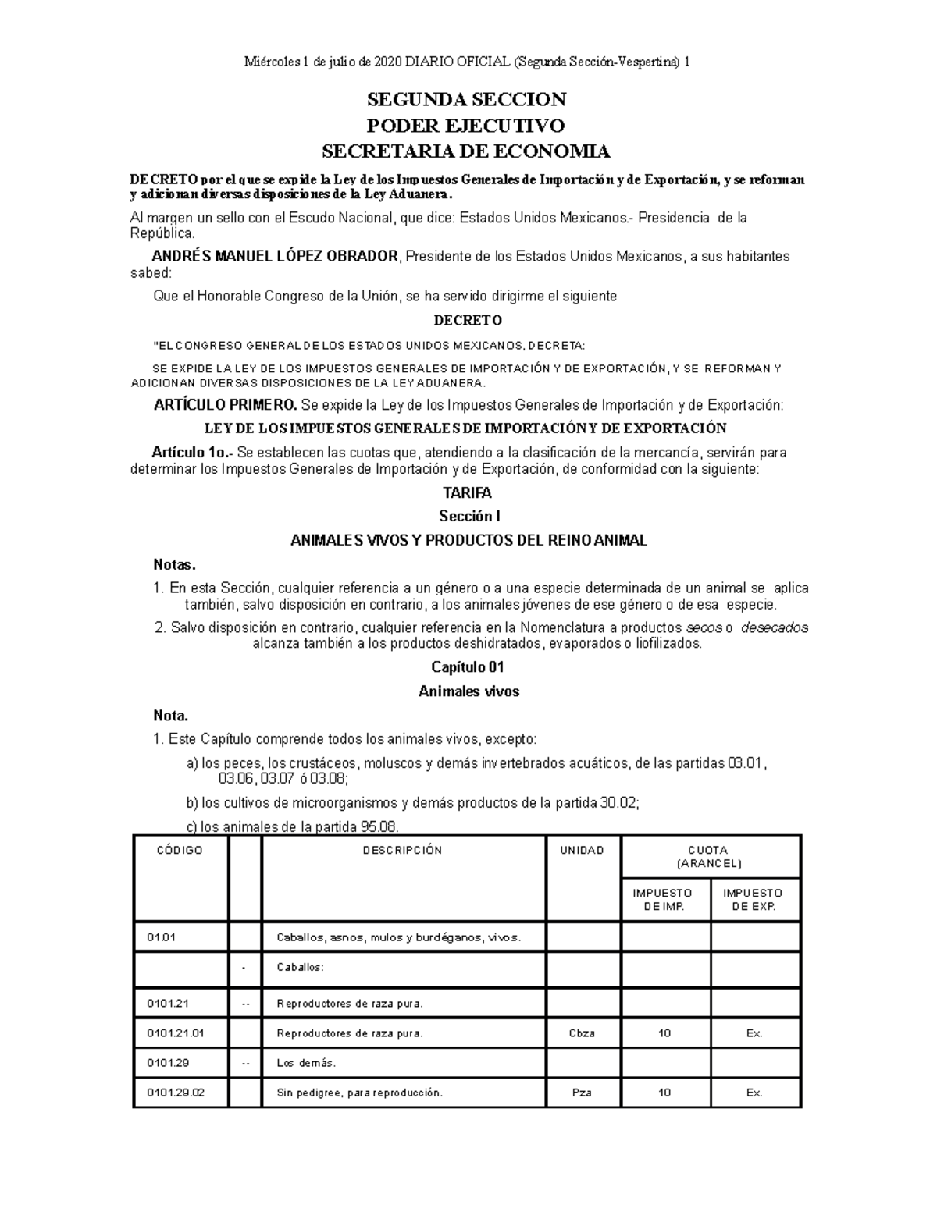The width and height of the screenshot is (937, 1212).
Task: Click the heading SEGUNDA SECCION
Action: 467,99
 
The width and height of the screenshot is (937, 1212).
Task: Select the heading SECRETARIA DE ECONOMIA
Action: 467,151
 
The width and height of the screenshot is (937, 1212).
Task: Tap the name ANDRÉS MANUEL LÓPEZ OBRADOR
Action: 275,257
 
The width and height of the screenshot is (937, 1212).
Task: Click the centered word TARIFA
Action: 467,493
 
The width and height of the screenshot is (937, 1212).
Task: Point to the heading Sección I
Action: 468,517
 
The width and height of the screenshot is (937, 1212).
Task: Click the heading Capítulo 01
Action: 468,667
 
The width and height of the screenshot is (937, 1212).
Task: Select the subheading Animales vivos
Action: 468,691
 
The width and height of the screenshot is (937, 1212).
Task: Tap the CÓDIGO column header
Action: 180,851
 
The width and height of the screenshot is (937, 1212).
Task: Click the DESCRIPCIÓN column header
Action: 402,851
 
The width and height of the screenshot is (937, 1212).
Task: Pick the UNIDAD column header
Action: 582,851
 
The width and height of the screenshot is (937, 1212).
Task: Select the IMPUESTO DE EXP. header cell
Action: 754,900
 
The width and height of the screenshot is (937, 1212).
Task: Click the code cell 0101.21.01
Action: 176,1033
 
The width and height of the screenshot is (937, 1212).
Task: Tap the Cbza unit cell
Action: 582,1033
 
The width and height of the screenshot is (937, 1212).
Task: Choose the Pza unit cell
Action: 582,1093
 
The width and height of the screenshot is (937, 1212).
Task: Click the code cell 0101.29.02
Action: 176,1093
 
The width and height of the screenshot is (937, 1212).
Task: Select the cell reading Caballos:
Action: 300,967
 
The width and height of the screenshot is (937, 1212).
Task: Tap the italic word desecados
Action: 774,628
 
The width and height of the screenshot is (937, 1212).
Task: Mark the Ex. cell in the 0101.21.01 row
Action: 754,1033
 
